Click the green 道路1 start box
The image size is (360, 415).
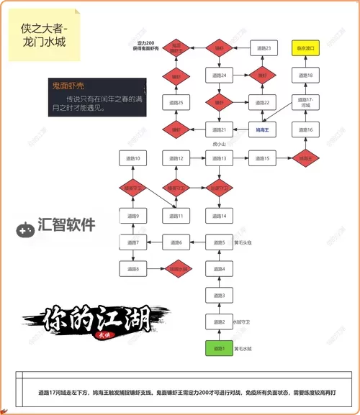[x=218, y=349]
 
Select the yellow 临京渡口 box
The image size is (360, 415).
[x=305, y=48]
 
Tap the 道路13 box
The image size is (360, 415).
[x=219, y=158]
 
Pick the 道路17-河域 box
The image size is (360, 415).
[x=305, y=102]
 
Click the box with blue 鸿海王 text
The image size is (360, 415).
[x=262, y=130]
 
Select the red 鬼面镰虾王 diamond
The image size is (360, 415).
[x=176, y=48]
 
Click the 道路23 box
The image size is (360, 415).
[x=263, y=48]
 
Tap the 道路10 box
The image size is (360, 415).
[x=132, y=158]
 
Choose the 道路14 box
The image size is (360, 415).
[x=219, y=216]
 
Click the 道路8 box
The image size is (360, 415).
[x=132, y=269]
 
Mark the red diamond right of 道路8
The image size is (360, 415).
[x=176, y=269]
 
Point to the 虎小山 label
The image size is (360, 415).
[x=219, y=145]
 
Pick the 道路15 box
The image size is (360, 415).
[x=263, y=158]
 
